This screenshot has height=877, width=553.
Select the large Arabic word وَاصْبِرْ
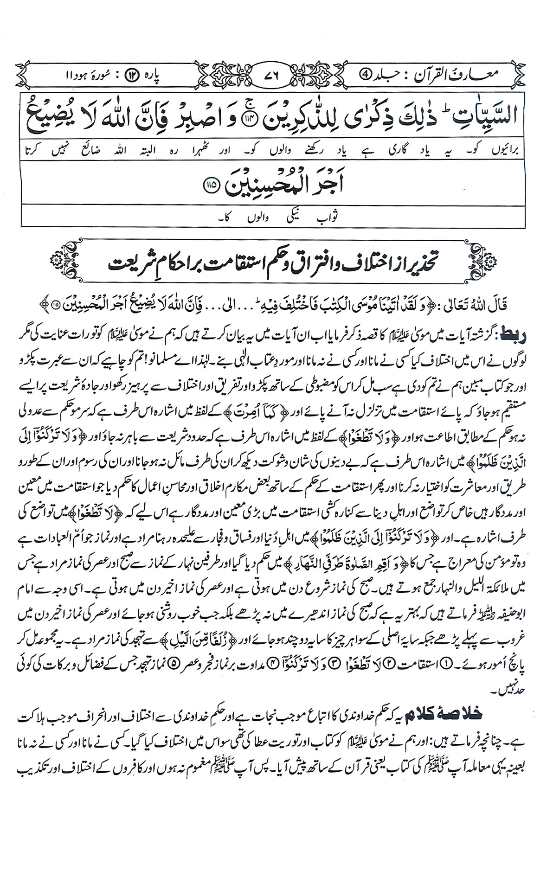[x=211, y=111]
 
